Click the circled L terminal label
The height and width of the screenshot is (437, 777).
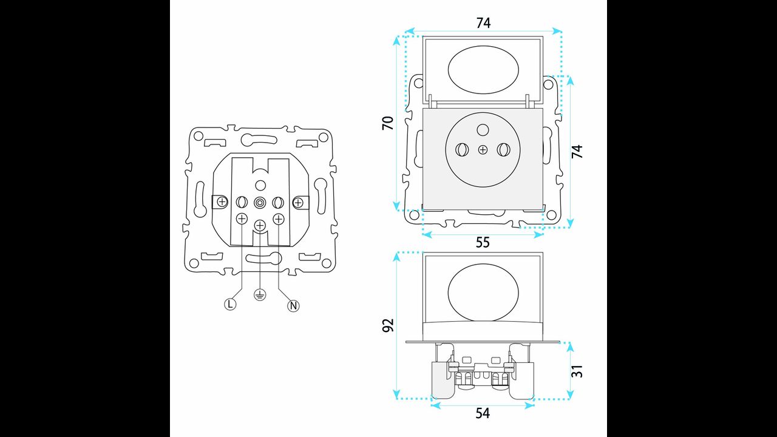pyautogui.click(x=230, y=304)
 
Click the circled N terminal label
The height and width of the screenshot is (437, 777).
pyautogui.click(x=293, y=306)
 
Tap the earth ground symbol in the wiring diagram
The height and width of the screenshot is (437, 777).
pyautogui.click(x=260, y=295)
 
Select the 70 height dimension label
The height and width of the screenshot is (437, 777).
pyautogui.click(x=388, y=123)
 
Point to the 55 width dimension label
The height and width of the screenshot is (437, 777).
pyautogui.click(x=483, y=242)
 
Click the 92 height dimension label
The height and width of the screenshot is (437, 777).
pyautogui.click(x=388, y=325)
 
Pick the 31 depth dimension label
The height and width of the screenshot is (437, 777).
pyautogui.click(x=577, y=371)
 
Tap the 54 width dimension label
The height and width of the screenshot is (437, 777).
pyautogui.click(x=483, y=413)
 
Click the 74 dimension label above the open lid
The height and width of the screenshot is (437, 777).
pyautogui.click(x=483, y=23)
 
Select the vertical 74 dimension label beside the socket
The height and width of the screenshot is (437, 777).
pyautogui.click(x=577, y=152)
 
